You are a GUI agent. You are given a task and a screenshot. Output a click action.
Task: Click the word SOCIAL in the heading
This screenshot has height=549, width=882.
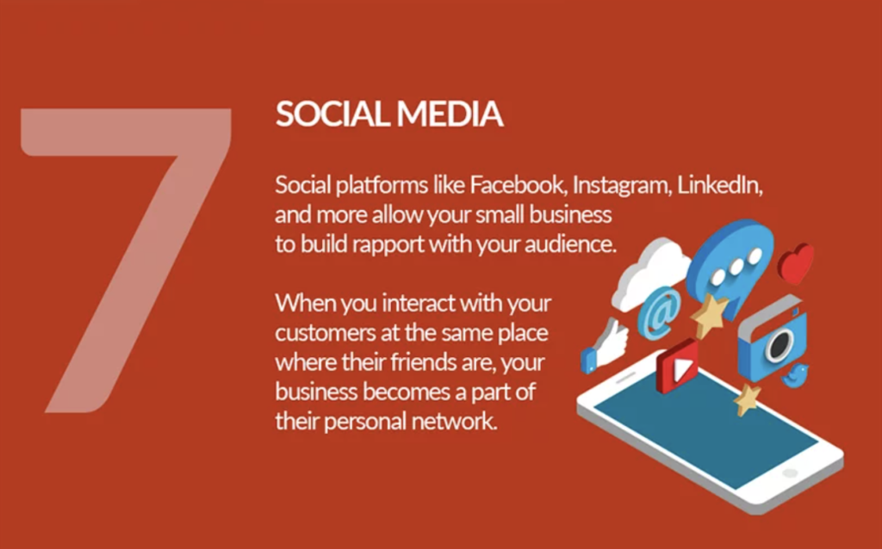(332, 114)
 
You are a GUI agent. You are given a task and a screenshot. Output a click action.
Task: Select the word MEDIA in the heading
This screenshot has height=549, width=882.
(450, 114)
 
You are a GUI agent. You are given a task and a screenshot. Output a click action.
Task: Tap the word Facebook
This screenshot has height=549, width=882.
(518, 185)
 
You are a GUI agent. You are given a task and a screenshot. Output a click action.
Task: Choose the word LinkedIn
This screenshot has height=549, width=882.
(720, 185)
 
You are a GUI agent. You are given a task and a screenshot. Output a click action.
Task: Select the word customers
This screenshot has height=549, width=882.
(325, 333)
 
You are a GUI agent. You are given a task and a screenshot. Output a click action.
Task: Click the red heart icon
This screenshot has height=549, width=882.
(797, 263)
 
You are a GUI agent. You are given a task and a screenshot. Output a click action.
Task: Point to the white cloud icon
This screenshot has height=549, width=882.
(651, 274)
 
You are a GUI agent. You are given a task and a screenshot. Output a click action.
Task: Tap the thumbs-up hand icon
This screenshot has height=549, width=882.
(605, 346)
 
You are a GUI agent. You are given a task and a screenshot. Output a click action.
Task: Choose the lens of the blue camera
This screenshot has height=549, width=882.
(779, 343)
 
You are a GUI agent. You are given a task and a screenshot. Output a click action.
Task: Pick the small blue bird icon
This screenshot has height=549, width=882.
(795, 375)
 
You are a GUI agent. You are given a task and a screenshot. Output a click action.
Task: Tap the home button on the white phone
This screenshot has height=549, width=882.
(790, 472)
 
